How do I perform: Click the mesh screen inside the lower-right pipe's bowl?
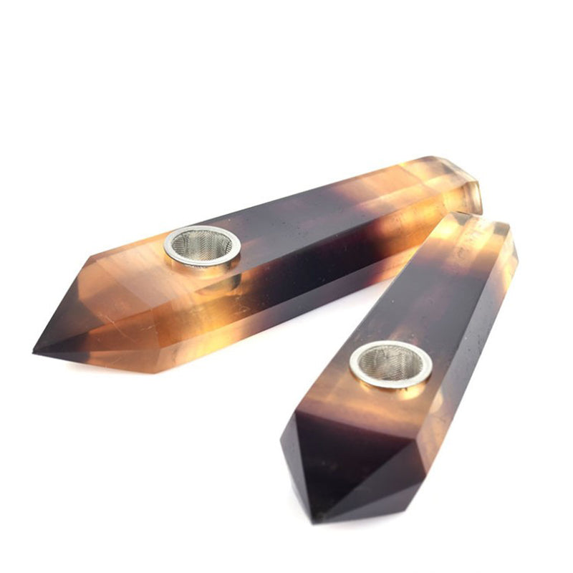[x=390, y=362]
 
